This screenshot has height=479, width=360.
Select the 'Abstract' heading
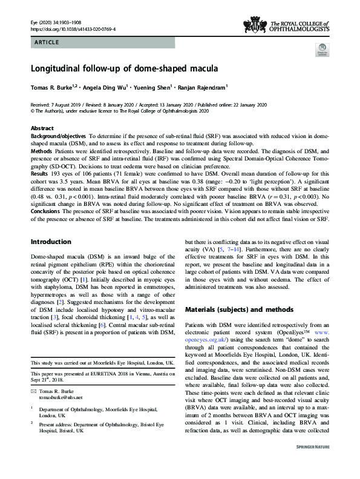tap(43, 128)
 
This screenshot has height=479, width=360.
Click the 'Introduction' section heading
tap(54, 259)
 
